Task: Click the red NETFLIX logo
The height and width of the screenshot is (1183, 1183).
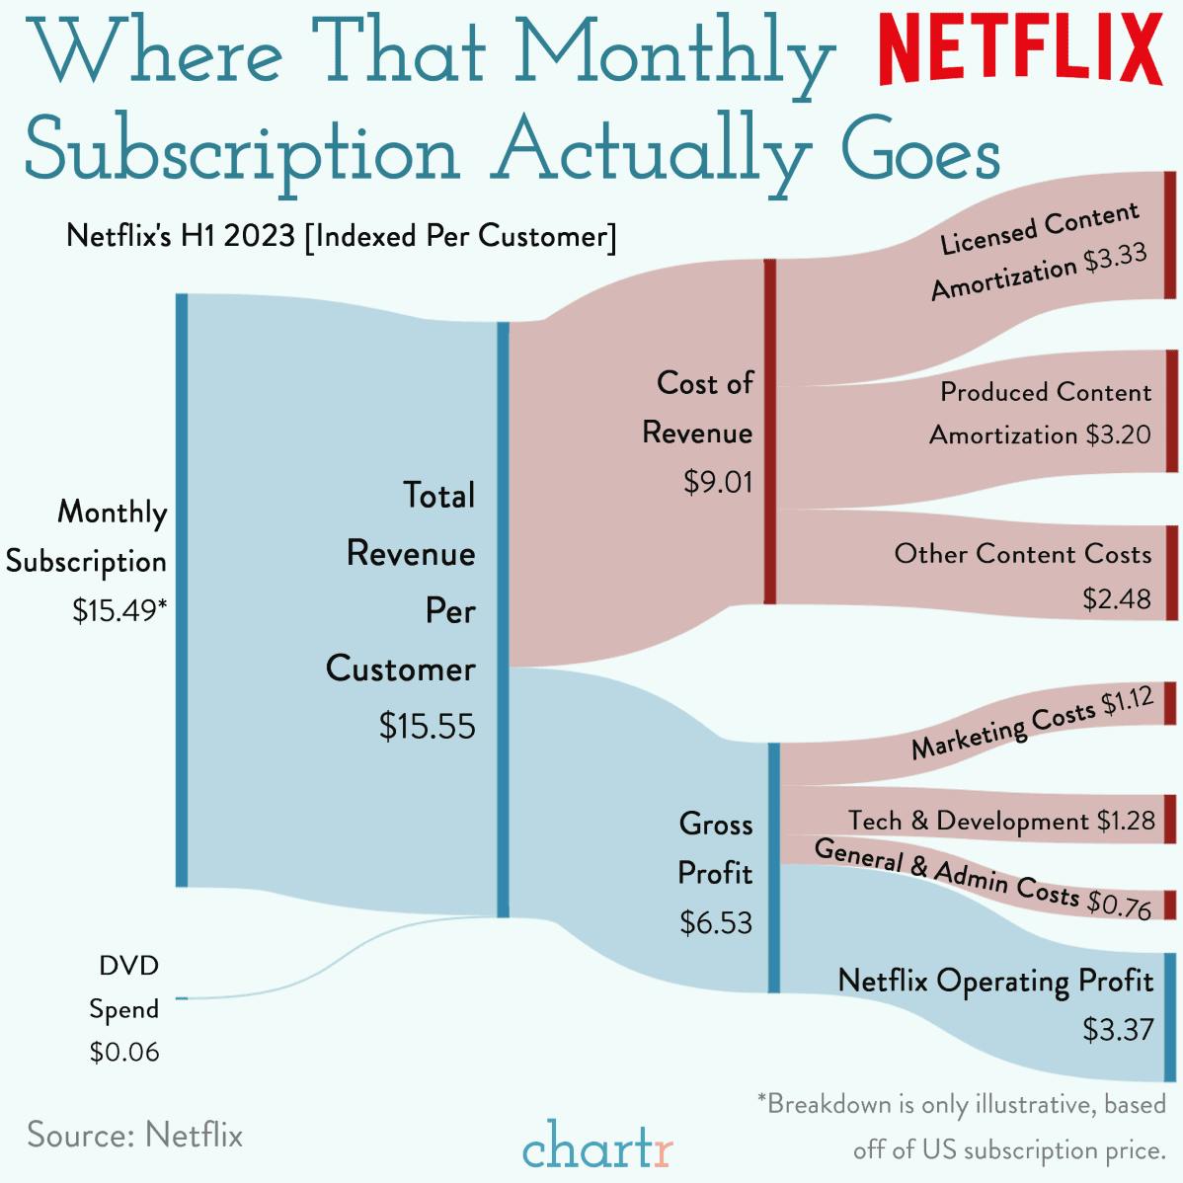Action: [x=1020, y=50]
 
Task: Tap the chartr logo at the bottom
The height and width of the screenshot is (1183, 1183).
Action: [x=598, y=1149]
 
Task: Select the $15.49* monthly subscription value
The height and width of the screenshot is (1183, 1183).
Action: [x=119, y=611]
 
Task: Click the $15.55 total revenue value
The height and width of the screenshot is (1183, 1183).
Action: [x=427, y=727]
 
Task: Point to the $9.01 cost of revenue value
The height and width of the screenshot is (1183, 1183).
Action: [x=718, y=482]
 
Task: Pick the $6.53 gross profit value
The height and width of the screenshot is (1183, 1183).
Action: [x=716, y=923]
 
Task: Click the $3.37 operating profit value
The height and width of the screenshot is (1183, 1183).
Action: [x=1118, y=1030]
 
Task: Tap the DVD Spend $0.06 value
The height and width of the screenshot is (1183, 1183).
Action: [x=124, y=1053]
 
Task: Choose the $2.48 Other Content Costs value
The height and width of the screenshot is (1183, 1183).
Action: [x=1117, y=599]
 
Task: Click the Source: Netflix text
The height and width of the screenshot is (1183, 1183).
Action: [x=135, y=1135]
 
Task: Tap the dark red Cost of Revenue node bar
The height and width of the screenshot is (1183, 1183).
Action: [x=770, y=432]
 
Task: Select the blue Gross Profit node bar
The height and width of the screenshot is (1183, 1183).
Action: [x=774, y=868]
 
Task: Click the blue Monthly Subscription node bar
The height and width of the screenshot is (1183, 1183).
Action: [x=182, y=590]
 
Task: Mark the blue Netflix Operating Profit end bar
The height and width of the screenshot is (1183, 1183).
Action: [x=1170, y=1016]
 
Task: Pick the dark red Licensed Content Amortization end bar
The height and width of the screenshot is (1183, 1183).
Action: [x=1170, y=235]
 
